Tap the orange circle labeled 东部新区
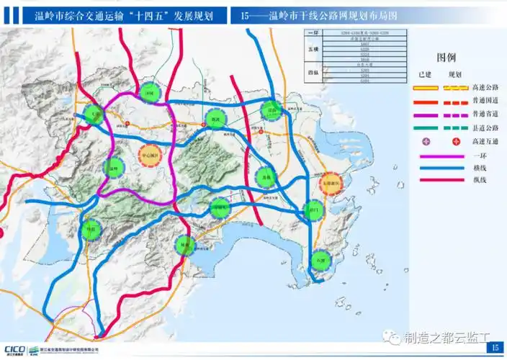[333, 184]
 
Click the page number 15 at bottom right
[494, 348]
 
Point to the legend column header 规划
[454, 74]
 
